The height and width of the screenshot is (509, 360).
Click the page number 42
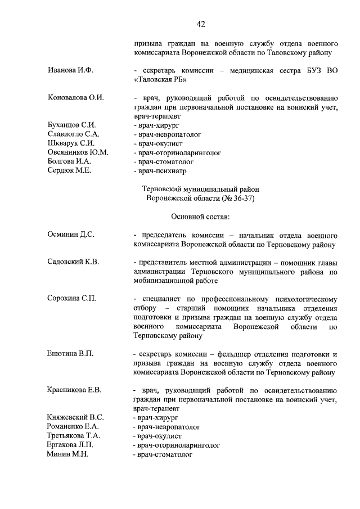click(x=200, y=23)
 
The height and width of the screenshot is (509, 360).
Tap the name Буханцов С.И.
click(x=72, y=125)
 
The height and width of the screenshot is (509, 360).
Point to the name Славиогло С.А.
click(x=73, y=134)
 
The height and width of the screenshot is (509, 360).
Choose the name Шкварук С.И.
click(x=71, y=143)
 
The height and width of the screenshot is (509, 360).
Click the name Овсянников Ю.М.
click(x=78, y=152)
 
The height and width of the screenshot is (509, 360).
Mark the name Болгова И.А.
click(x=69, y=161)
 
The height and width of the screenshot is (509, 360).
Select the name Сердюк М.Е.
click(x=69, y=170)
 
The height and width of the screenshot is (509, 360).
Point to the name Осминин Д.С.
click(x=71, y=235)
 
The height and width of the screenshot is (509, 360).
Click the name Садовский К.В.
click(x=73, y=262)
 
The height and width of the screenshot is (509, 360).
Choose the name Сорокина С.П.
click(x=72, y=299)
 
